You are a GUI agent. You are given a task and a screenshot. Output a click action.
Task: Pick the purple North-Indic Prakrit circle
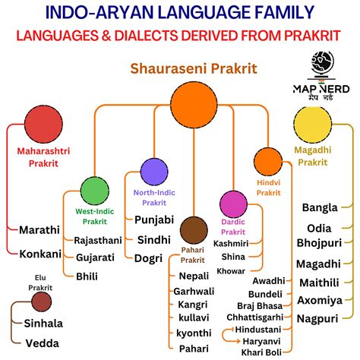[155, 172]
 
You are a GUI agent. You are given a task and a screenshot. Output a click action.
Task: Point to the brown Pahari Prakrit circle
[194, 230]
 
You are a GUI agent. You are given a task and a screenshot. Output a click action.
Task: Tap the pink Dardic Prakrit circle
[233, 204]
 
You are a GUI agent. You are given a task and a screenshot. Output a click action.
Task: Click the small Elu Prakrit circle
[42, 302]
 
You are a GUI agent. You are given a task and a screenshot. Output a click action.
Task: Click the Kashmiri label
[231, 243]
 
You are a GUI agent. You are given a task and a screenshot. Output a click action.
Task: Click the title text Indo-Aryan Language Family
[180, 13]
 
